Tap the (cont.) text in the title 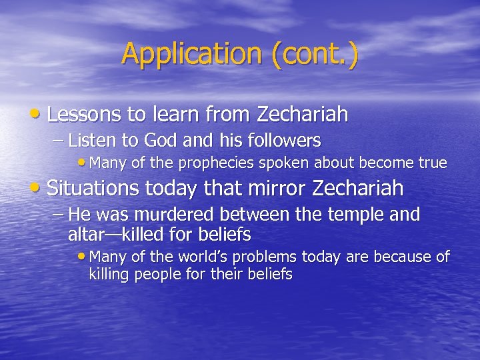click(x=314, y=54)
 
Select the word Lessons click(x=85, y=115)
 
